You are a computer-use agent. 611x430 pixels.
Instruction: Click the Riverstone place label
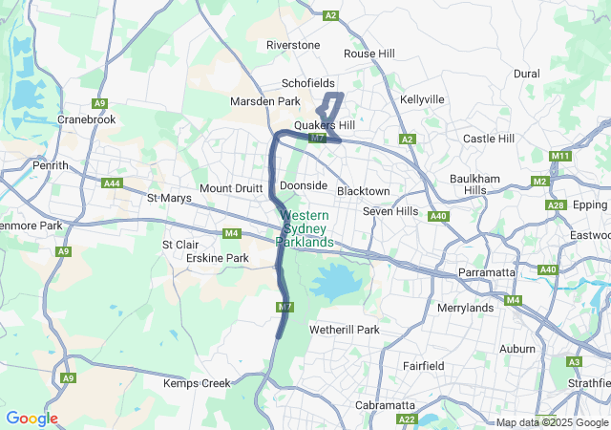[293, 45]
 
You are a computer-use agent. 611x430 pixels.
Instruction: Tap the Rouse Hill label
[369, 54]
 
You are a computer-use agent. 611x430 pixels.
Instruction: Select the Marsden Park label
[265, 101]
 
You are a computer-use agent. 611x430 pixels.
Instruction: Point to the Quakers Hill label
[325, 125]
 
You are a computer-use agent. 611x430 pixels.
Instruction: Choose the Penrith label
[23, 165]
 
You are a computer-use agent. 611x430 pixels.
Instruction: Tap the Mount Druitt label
[230, 188]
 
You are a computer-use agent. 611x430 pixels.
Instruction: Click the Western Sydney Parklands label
[305, 229]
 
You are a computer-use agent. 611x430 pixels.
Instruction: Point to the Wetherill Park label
[345, 330]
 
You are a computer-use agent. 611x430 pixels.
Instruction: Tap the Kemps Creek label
[197, 383]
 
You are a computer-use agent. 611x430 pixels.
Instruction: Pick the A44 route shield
[112, 183]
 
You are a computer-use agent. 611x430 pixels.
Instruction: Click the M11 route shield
[560, 156]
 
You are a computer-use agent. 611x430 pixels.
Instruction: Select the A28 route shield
[555, 204]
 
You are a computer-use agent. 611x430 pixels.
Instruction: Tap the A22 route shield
[407, 419]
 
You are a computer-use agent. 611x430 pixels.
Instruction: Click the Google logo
[32, 419]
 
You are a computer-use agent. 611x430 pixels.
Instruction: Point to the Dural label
[526, 73]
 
